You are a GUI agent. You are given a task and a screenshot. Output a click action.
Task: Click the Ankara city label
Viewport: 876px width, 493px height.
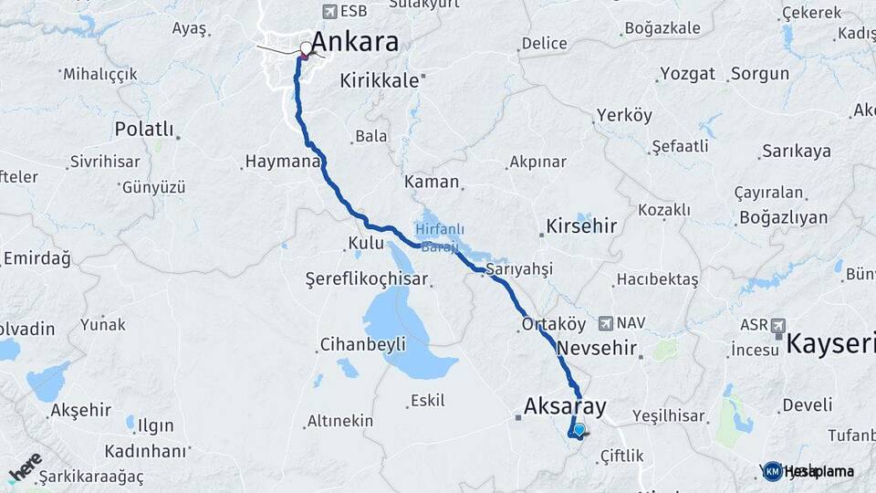355,42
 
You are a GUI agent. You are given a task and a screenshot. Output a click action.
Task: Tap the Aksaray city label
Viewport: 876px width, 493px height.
566,406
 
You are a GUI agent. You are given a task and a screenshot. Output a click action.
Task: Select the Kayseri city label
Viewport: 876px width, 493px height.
830,344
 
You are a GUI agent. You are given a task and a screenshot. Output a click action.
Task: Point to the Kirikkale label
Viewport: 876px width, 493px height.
379,80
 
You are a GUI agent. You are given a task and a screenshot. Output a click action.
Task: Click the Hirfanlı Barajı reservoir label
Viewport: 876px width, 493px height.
442,234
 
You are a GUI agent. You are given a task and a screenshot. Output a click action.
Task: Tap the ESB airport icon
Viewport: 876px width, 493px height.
328,12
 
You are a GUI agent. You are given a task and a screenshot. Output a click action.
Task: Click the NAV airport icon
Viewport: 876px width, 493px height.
606,323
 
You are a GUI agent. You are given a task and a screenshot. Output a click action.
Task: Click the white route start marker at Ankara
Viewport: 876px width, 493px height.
306,47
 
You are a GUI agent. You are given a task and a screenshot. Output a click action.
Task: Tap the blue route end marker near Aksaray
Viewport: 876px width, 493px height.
579,429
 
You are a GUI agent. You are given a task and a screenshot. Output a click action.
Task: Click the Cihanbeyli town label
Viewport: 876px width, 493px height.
362,345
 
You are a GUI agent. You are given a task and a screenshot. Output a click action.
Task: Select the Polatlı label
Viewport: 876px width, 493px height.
143,129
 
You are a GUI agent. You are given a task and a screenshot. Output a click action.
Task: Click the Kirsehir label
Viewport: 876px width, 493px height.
581,226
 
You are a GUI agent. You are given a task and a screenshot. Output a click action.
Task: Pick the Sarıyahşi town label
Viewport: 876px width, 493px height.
519,269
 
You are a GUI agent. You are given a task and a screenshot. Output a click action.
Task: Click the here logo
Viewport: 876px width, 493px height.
26,467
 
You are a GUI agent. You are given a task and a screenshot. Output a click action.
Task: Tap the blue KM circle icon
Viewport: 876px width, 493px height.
773,471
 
